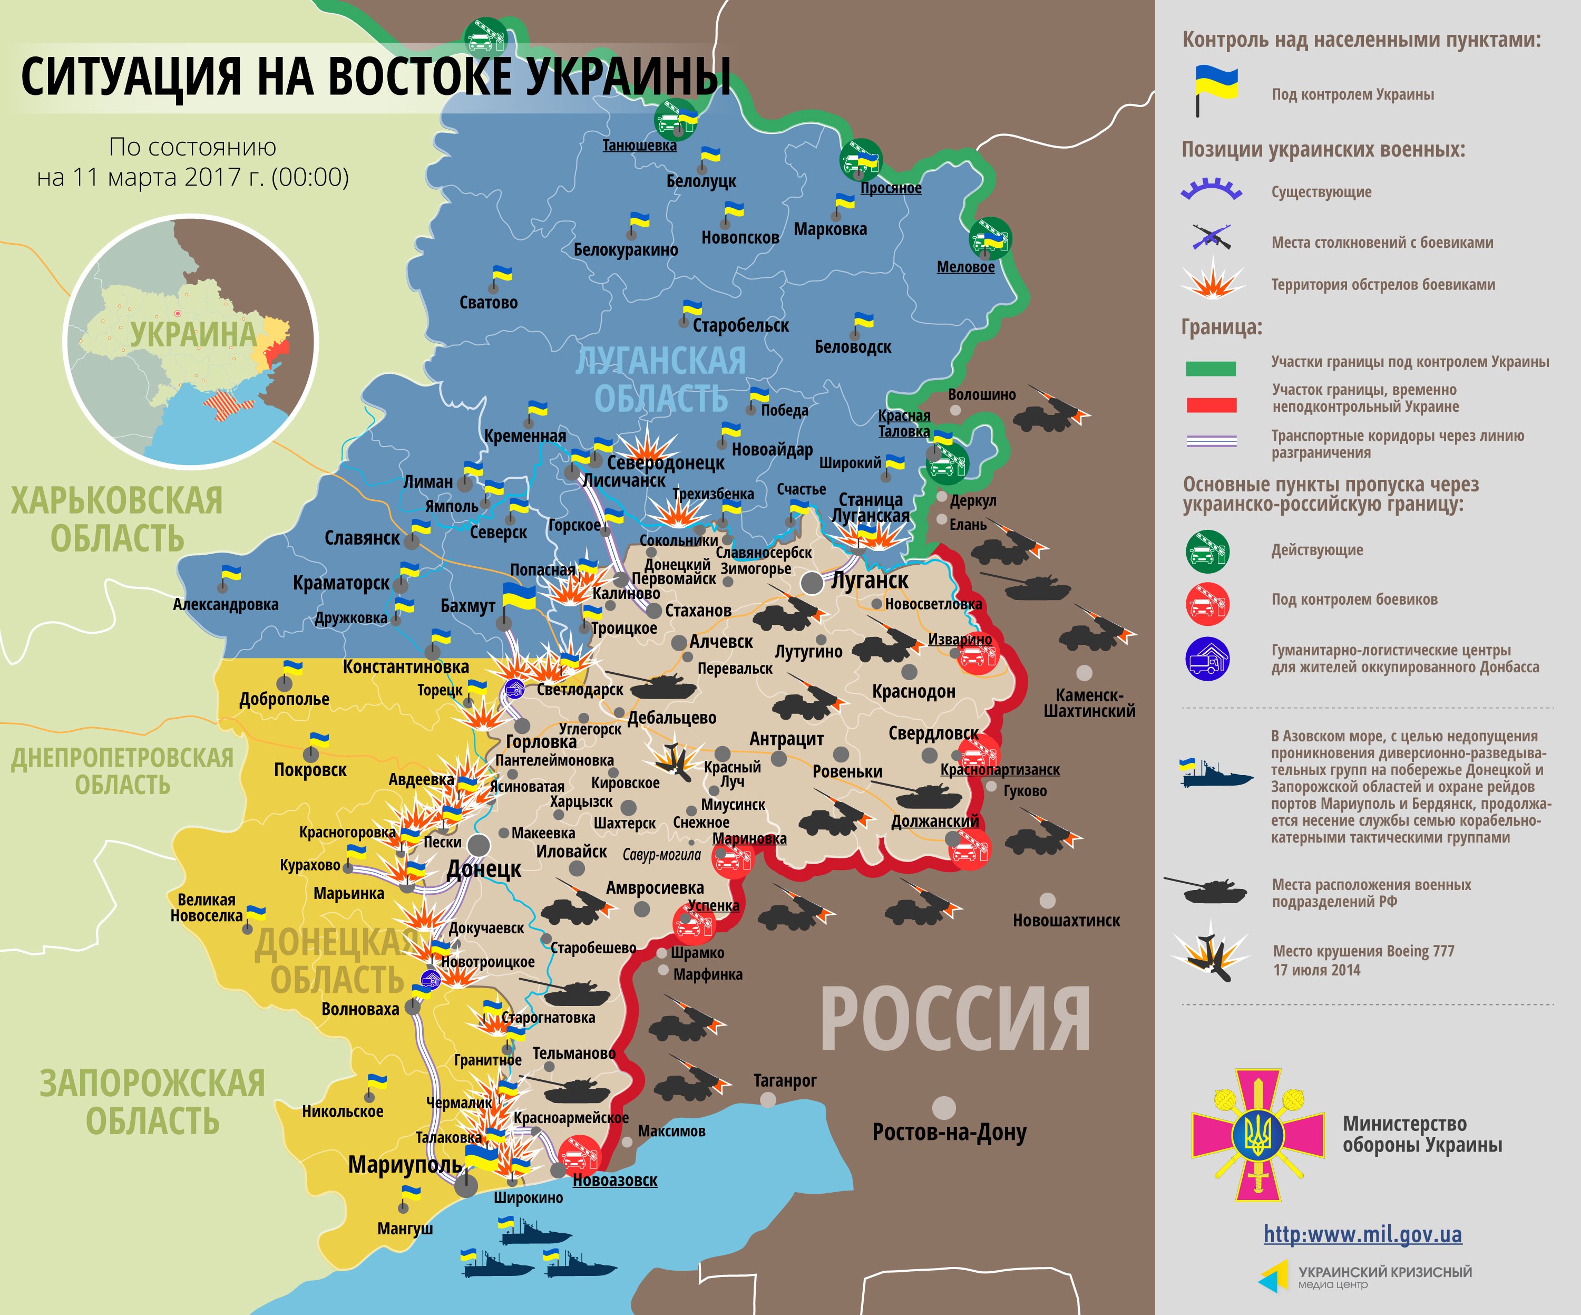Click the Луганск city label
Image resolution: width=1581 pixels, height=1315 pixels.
pos(870,581)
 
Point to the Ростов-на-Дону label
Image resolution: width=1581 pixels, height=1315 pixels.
pos(949,1132)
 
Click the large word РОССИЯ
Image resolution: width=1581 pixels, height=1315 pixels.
pos(954,1020)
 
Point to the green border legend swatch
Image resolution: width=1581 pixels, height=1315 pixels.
pos(1211,368)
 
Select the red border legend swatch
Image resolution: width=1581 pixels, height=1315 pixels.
pos(1211,405)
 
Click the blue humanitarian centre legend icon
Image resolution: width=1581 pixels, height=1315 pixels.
pos(1207,659)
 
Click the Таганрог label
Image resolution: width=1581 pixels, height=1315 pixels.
pos(785,1081)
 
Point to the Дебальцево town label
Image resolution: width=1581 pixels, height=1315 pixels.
pos(671,718)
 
